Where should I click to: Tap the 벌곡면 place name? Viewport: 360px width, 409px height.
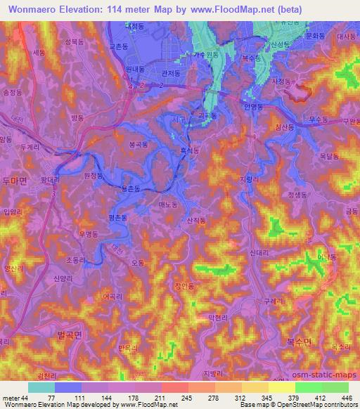[70, 336]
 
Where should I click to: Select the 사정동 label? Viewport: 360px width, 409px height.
[282, 82]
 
